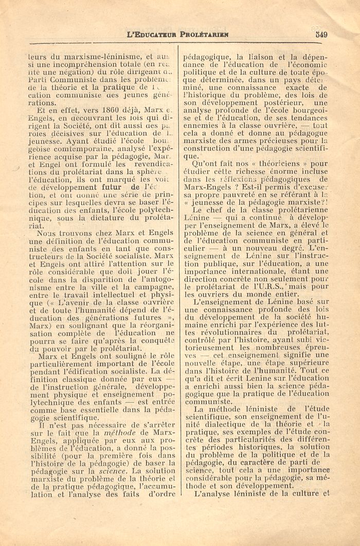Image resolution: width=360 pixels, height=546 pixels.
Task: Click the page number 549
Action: tap(322, 36)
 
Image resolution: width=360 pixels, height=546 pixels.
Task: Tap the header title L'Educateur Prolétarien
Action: tap(178, 36)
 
